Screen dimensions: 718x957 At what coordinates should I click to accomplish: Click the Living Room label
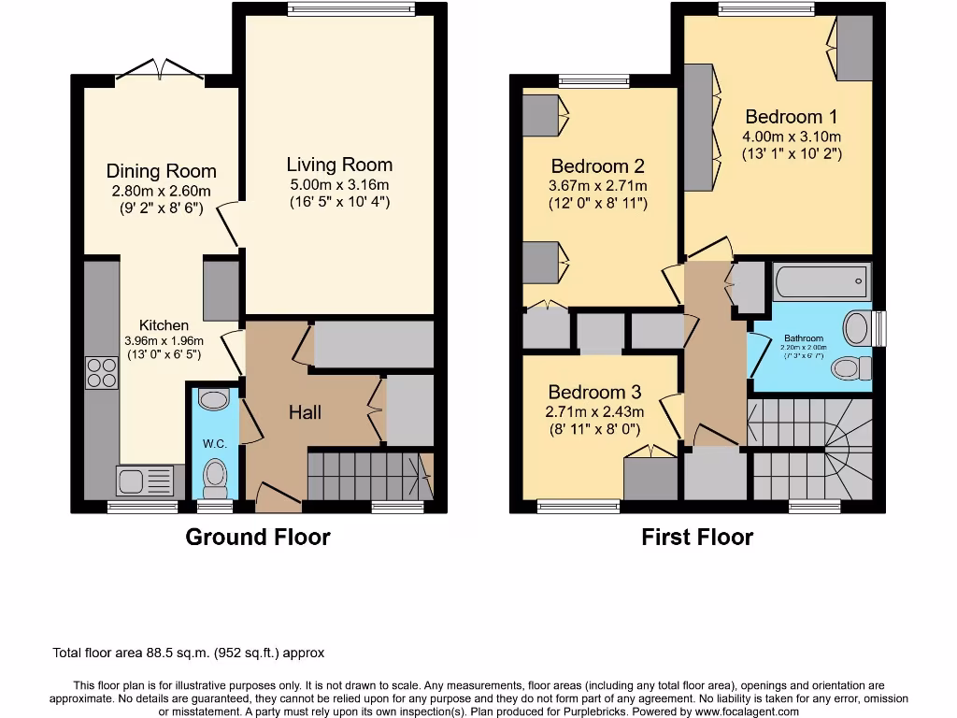point(339,165)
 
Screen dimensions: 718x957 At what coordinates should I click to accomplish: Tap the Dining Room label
point(161,171)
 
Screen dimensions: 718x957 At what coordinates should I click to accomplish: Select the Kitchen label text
point(164,324)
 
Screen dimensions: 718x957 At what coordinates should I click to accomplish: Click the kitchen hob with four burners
point(102,373)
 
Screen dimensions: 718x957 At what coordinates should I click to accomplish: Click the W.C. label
point(215,443)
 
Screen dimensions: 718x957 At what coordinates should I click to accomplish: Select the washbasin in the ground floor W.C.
point(214,400)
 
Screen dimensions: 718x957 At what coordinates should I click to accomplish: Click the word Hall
point(305,412)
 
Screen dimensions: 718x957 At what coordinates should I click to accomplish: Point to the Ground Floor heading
point(257,537)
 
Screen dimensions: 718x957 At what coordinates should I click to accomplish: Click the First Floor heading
point(697,537)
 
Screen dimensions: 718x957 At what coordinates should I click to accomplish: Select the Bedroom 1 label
point(791,117)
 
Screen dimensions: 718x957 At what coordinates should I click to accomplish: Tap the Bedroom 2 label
point(598,166)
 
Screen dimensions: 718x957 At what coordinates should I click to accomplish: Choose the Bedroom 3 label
point(595,392)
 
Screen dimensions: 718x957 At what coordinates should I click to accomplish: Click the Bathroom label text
point(804,338)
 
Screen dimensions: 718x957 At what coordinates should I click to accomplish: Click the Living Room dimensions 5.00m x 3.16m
point(339,184)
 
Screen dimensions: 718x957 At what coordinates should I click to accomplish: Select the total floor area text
point(189,653)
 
